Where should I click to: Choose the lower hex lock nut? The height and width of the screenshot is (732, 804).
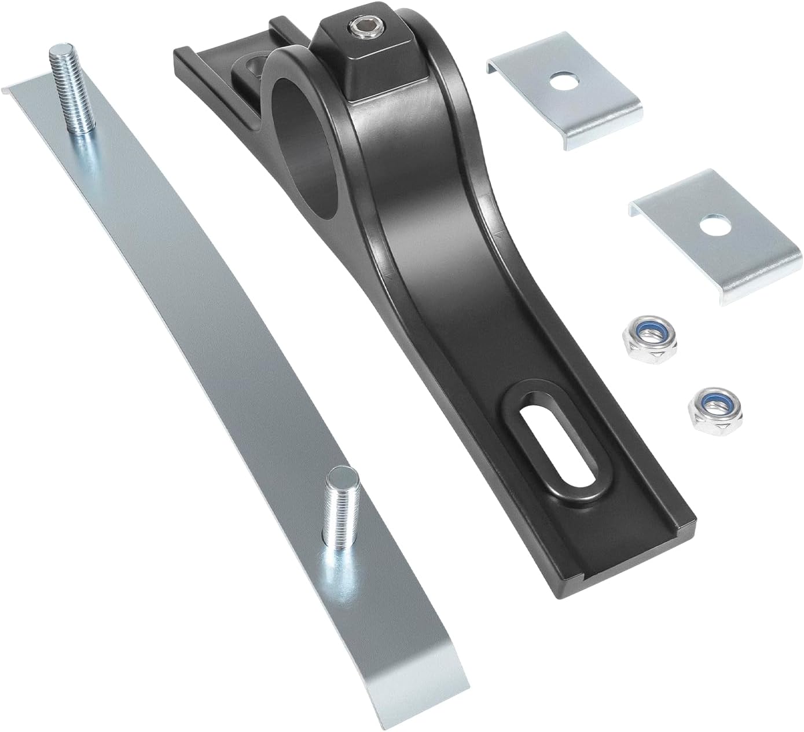709,408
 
